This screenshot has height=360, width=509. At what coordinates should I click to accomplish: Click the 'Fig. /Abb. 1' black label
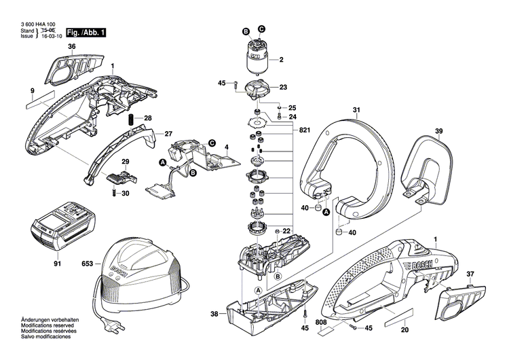85,33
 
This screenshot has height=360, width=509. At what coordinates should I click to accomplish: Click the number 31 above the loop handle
356,109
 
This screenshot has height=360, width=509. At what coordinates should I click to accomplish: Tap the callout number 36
72,46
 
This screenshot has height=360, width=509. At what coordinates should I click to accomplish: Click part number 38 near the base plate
214,314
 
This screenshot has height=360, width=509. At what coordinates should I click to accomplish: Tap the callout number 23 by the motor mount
284,87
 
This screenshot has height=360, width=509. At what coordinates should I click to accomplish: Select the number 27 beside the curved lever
169,133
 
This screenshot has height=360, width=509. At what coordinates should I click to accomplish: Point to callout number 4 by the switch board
227,147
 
